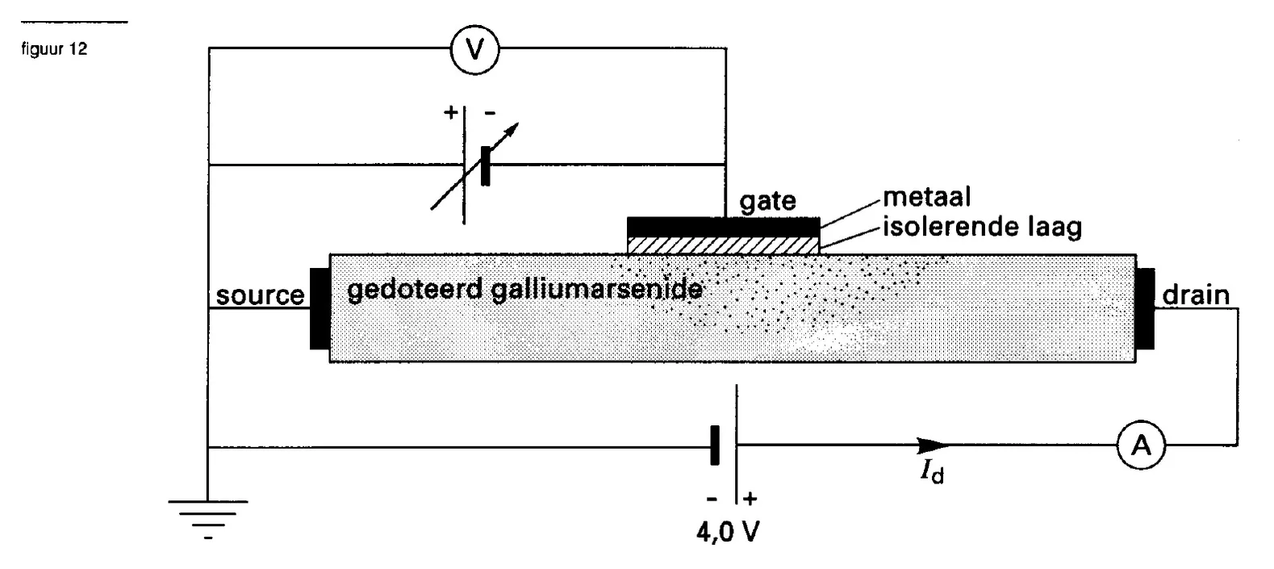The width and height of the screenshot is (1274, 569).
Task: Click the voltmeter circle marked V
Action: coord(475,50)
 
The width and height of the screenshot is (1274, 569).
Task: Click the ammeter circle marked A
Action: coord(1141,445)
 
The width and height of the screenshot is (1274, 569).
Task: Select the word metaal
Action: coord(926,197)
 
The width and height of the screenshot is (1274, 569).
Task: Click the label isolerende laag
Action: coord(982,227)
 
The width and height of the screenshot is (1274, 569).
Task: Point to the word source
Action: coord(260,295)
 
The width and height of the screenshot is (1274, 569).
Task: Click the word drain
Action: coord(1196,295)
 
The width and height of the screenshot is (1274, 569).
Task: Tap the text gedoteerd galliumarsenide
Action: coord(525,290)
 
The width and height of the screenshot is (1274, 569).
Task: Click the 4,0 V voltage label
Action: coord(728,532)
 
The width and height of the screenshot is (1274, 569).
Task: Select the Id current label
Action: coord(932,471)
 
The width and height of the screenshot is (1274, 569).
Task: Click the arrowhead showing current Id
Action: coord(933,445)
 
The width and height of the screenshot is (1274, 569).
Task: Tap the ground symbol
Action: coord(208,519)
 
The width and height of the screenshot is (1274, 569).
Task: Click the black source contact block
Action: coord(320,308)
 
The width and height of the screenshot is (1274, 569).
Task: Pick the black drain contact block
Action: coord(1146,308)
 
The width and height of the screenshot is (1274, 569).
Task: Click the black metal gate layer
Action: coord(724,227)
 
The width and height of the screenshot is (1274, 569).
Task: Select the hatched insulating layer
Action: coord(724,246)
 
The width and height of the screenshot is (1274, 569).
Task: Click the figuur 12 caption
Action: coord(55,49)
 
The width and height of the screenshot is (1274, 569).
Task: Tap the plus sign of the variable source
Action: coord(451,112)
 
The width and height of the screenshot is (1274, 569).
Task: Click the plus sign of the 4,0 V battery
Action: coord(750,499)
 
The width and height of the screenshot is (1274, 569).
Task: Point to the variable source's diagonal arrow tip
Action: coord(519,123)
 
